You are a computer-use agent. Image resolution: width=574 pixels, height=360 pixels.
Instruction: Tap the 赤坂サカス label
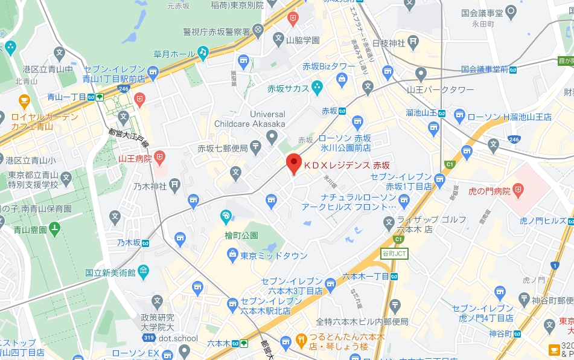pyautogui.click(x=288, y=89)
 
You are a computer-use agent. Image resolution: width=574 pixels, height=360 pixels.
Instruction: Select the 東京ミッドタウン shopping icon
pyautogui.click(x=232, y=256)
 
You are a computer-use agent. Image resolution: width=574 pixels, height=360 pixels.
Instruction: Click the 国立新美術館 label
pyautogui.click(x=110, y=272)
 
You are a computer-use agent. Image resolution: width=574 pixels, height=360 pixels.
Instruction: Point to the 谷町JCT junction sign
pyautogui.click(x=394, y=254)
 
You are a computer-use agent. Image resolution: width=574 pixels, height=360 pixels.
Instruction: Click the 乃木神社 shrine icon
pyautogui.click(x=174, y=184)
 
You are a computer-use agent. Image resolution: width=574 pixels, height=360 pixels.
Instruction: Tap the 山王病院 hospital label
pyautogui.click(x=135, y=159)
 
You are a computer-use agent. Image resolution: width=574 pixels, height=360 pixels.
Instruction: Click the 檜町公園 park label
pyautogui.click(x=241, y=235)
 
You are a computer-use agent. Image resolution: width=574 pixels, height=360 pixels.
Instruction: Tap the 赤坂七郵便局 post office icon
pyautogui.click(x=255, y=146)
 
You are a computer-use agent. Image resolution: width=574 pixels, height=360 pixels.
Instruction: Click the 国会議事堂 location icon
pyautogui.click(x=511, y=11)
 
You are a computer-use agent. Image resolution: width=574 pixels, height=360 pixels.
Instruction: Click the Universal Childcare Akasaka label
pyautogui.click(x=250, y=119)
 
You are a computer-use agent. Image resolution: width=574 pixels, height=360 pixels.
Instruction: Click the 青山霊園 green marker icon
pyautogui.click(x=55, y=228)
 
